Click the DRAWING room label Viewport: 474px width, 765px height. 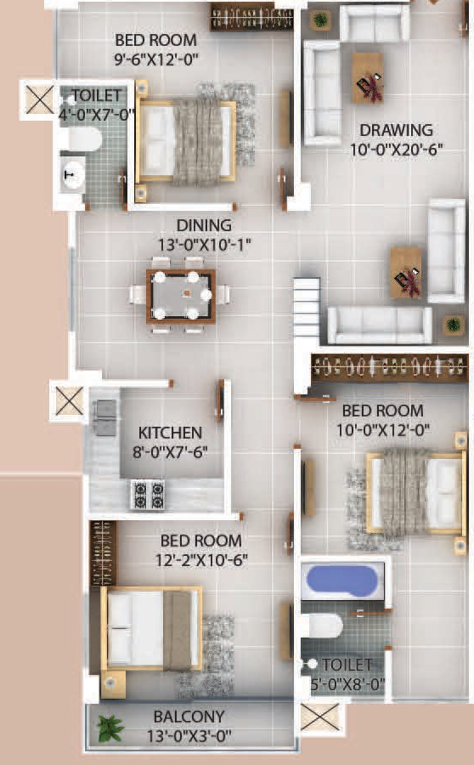395,131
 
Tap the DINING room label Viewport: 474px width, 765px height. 204,225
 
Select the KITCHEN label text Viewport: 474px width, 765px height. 171,433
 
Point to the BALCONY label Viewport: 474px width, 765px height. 189,717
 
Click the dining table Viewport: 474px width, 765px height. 180,296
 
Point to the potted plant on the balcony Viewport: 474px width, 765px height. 109,728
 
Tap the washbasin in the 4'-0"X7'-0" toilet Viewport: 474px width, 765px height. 74,174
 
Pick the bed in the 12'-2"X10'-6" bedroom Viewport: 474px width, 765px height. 150,629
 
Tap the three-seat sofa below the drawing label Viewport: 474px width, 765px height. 380,323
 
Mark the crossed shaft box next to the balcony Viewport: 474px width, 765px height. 319,718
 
